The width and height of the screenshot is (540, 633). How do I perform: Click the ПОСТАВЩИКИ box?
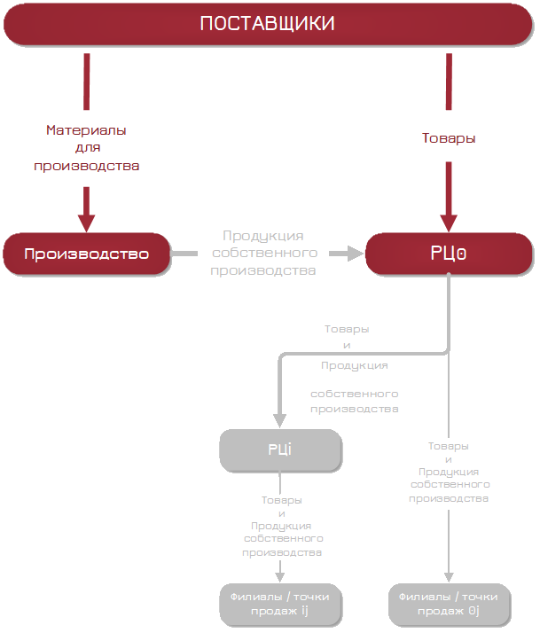point(267,24)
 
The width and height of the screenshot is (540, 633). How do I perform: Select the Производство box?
point(86,254)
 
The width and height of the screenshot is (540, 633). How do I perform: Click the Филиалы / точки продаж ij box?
point(279,605)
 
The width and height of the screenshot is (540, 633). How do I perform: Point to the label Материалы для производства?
point(86,147)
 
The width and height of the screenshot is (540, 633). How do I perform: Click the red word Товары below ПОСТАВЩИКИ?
point(448,138)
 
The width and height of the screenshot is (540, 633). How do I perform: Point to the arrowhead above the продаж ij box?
point(279,576)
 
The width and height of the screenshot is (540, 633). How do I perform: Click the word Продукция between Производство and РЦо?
point(262,236)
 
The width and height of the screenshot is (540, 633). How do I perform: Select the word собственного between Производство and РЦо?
point(262,253)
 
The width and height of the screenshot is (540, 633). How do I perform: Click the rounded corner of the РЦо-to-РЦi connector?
point(283,356)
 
